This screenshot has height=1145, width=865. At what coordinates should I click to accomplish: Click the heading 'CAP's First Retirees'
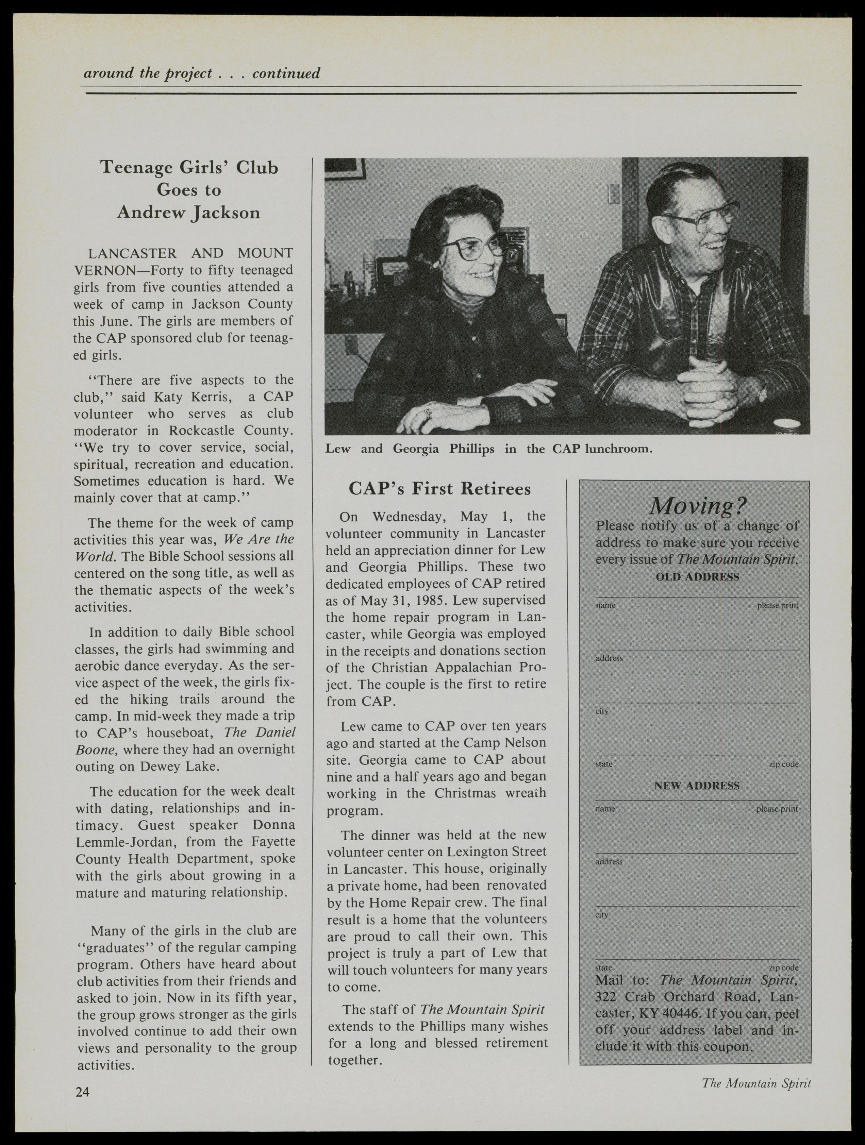439,489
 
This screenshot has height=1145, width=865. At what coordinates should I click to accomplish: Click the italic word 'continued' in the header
286,73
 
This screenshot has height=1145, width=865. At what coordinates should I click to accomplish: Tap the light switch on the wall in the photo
612,195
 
